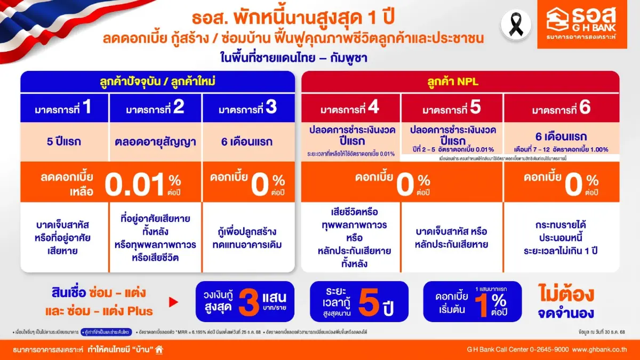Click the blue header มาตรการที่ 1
click(x=65, y=108)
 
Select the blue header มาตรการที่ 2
click(x=155, y=108)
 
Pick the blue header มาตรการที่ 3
click(x=247, y=108)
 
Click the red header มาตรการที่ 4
click(x=350, y=108)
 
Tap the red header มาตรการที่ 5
click(x=452, y=108)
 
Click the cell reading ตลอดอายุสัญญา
click(x=155, y=142)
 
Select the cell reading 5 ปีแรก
click(x=65, y=142)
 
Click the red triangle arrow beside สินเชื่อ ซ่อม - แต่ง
click(x=173, y=302)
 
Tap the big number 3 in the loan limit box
click(x=249, y=302)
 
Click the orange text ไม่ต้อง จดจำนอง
click(x=567, y=302)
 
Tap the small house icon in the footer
click(x=159, y=349)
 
